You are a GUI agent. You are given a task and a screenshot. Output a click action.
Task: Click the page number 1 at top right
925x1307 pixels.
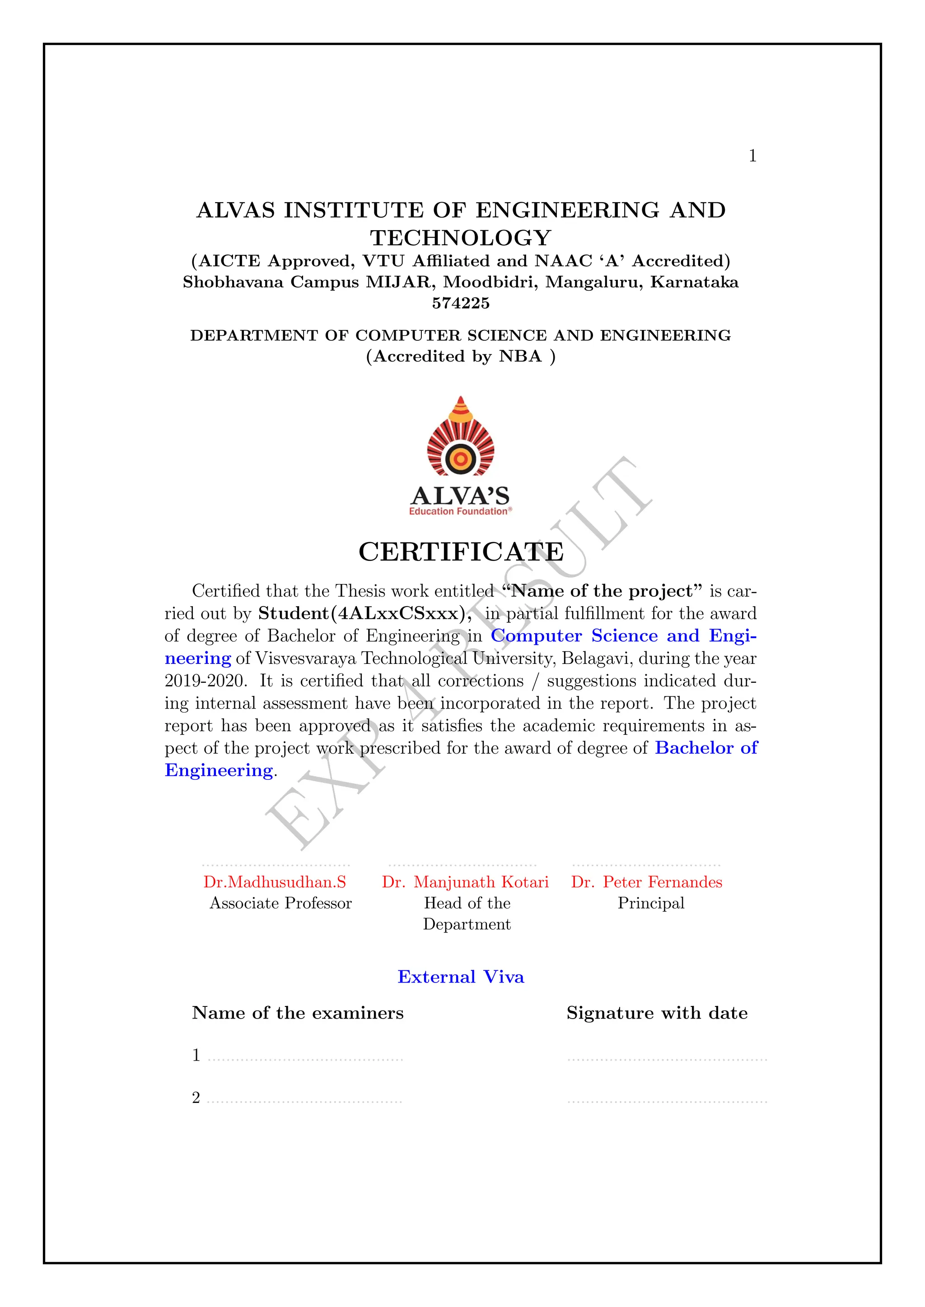752,156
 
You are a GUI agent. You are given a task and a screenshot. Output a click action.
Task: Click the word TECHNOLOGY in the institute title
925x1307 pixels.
461,238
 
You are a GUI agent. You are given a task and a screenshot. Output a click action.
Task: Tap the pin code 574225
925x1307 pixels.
461,303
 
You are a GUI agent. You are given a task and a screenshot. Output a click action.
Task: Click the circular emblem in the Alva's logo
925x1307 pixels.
461,458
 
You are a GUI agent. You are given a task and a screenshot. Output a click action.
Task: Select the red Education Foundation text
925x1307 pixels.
458,511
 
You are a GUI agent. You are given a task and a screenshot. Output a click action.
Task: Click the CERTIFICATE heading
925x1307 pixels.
461,552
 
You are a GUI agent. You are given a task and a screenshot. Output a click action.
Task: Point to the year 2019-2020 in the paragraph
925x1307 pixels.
205,681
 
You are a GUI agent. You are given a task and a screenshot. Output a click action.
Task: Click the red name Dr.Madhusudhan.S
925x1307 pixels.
275,882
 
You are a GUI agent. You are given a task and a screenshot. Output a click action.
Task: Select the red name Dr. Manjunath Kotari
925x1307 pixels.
465,882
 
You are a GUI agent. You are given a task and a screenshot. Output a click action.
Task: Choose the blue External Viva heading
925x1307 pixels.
461,977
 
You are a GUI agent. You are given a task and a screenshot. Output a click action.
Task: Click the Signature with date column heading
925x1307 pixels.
657,1013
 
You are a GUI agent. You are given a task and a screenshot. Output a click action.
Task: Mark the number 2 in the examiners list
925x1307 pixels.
196,1098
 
